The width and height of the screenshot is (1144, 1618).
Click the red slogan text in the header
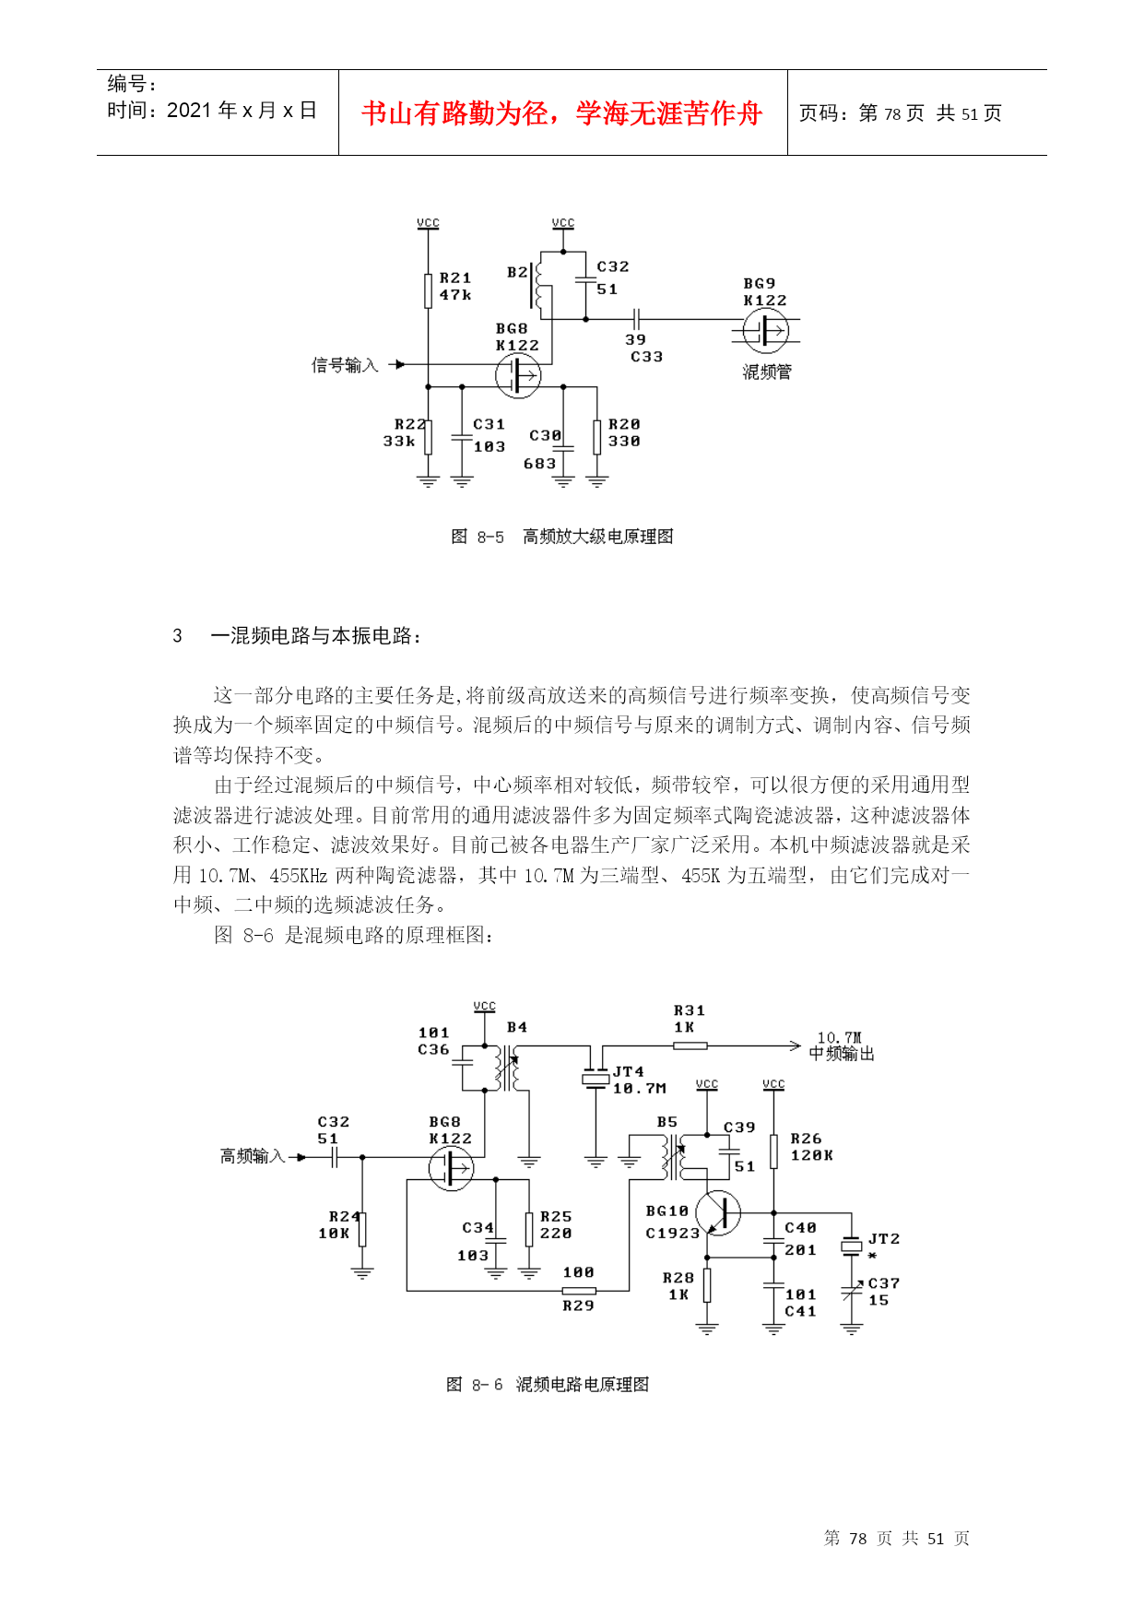point(561,112)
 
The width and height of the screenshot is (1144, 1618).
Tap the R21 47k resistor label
point(455,286)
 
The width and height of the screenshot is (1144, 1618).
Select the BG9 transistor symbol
point(766,330)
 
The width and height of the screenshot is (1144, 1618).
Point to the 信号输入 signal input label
point(345,365)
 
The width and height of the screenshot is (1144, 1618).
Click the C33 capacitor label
point(646,357)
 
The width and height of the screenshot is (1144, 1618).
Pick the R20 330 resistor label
point(624,432)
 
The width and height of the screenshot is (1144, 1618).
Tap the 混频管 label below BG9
point(767,372)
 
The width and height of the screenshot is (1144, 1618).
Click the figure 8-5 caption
point(561,537)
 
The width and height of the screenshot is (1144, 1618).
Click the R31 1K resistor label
point(689,1019)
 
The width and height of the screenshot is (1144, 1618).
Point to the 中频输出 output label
point(842,1054)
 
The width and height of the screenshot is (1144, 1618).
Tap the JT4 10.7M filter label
point(638,1080)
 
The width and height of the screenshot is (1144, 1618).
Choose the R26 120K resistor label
point(811,1147)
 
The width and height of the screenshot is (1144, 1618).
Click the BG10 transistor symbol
point(718,1213)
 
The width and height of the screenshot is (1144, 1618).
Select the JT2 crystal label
point(883,1239)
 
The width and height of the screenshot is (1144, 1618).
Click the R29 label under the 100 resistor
point(578,1305)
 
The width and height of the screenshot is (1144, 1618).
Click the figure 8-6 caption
point(548,1385)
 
